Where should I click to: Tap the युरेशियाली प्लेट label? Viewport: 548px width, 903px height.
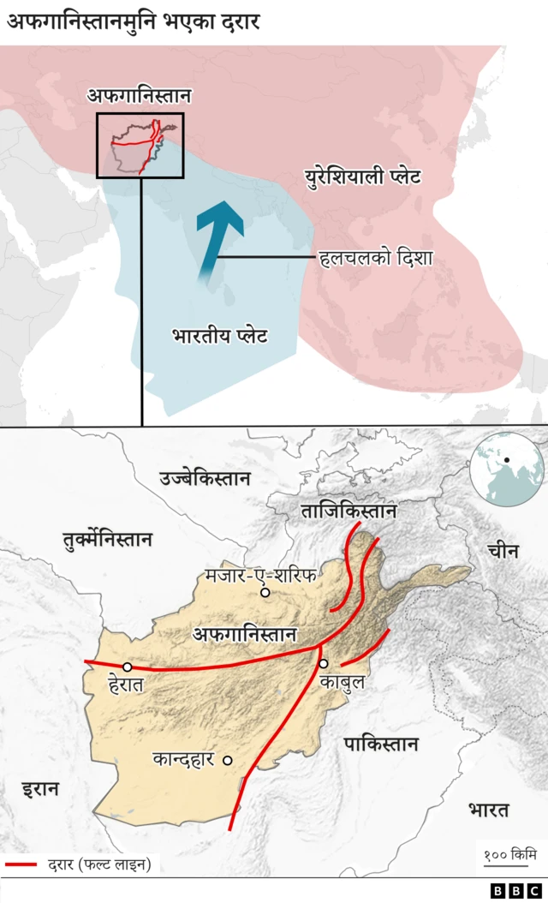click(363, 179)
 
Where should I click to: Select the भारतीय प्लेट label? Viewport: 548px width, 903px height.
click(219, 335)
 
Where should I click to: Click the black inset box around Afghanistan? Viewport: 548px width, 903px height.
click(140, 146)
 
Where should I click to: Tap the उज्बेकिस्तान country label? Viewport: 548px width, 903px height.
click(205, 478)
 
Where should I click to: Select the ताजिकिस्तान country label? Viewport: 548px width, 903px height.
click(348, 511)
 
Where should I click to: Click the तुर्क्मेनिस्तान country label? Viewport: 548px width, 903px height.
click(107, 540)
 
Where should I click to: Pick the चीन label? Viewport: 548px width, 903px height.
click(503, 551)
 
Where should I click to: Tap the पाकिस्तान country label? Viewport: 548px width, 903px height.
click(381, 743)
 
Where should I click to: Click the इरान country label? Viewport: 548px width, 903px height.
click(40, 788)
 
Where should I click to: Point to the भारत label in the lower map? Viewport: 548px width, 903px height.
click(488, 810)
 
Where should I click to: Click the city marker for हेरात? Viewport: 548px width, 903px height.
click(128, 667)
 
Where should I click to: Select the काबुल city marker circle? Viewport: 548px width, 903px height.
click(323, 663)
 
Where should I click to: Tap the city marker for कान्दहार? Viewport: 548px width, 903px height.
click(227, 759)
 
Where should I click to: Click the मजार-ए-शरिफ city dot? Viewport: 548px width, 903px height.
click(265, 592)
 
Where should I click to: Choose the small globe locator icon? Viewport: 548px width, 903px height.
click(507, 469)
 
